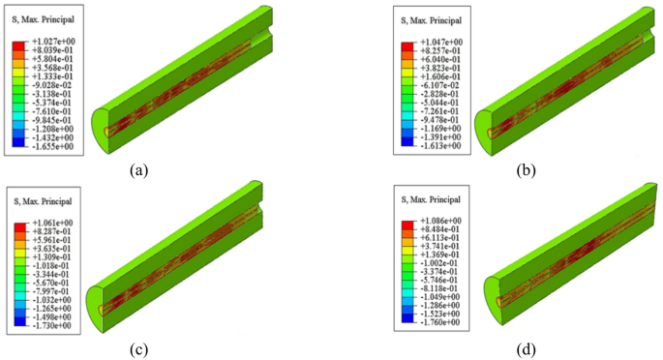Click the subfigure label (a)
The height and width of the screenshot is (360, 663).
[138, 170]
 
